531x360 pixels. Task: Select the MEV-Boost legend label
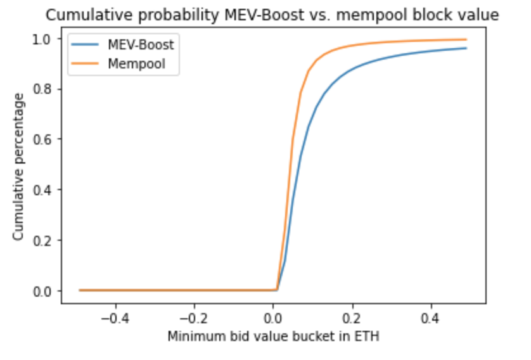pyautogui.click(x=141, y=46)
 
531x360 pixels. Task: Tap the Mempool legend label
pyautogui.click(x=136, y=65)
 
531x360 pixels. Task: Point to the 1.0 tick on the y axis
pyautogui.click(x=45, y=39)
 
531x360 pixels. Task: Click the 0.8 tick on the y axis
pyautogui.click(x=45, y=89)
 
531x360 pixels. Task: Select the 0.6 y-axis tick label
pyautogui.click(x=45, y=139)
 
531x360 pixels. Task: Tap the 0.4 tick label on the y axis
pyautogui.click(x=45, y=190)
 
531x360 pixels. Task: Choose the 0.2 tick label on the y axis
pyautogui.click(x=45, y=240)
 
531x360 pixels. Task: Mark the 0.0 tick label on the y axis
pyautogui.click(x=45, y=290)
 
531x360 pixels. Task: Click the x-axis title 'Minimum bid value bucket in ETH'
pyautogui.click(x=273, y=336)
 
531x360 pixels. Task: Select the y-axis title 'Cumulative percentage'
pyautogui.click(x=18, y=166)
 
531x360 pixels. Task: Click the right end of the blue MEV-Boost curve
pyautogui.click(x=466, y=48)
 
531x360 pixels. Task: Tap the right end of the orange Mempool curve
pyautogui.click(x=466, y=39)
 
